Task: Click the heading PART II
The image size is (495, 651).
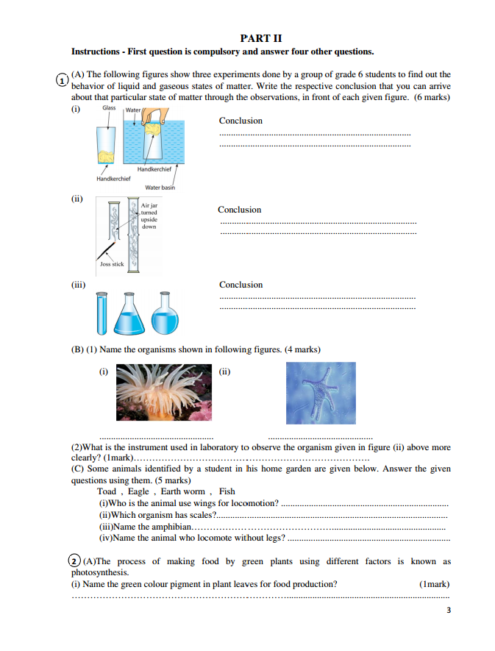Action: (261, 38)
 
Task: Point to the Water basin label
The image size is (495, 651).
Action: (160, 188)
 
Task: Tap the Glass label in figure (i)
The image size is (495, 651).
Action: (109, 108)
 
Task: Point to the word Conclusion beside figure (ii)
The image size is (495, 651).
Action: (239, 210)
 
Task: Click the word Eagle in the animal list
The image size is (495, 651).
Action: (138, 491)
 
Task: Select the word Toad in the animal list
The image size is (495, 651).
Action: (107, 491)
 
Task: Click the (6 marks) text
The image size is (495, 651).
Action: (432, 97)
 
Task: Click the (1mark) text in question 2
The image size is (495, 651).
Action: (434, 584)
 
